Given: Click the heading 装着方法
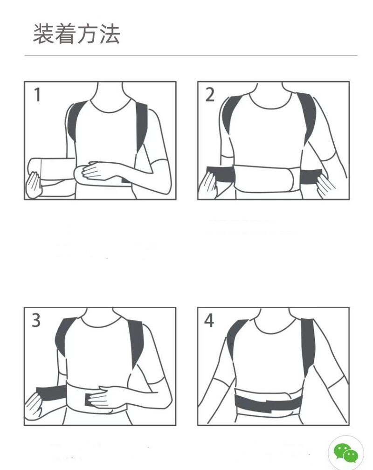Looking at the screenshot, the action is [76, 34].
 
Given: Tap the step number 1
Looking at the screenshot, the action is [37, 94].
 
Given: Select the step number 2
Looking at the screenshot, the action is [210, 94].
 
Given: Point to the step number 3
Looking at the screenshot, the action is [36, 320].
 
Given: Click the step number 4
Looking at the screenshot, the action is [209, 320].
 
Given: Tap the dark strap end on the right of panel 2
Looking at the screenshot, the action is [311, 176].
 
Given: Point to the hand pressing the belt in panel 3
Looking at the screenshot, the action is [104, 397].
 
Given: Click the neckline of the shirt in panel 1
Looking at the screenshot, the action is [111, 106].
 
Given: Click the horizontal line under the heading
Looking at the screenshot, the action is [191, 55].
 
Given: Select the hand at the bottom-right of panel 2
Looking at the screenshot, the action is [325, 187].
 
